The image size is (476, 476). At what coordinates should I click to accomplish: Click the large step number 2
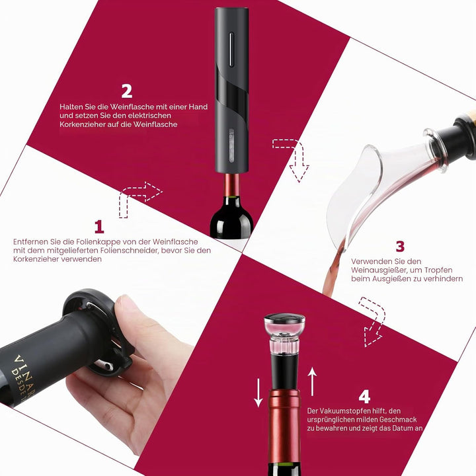(x=127, y=91)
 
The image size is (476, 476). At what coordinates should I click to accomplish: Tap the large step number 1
(x=99, y=227)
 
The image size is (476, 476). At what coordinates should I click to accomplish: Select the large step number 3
(x=400, y=246)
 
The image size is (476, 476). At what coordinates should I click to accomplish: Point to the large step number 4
(x=364, y=397)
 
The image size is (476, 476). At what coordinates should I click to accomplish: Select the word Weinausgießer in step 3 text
(x=379, y=270)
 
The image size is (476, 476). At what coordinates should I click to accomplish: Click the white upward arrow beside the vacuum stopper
(x=312, y=381)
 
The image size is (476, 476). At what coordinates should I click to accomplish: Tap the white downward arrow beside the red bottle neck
(x=258, y=393)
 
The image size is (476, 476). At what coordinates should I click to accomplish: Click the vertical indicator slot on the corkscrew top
(x=231, y=49)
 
